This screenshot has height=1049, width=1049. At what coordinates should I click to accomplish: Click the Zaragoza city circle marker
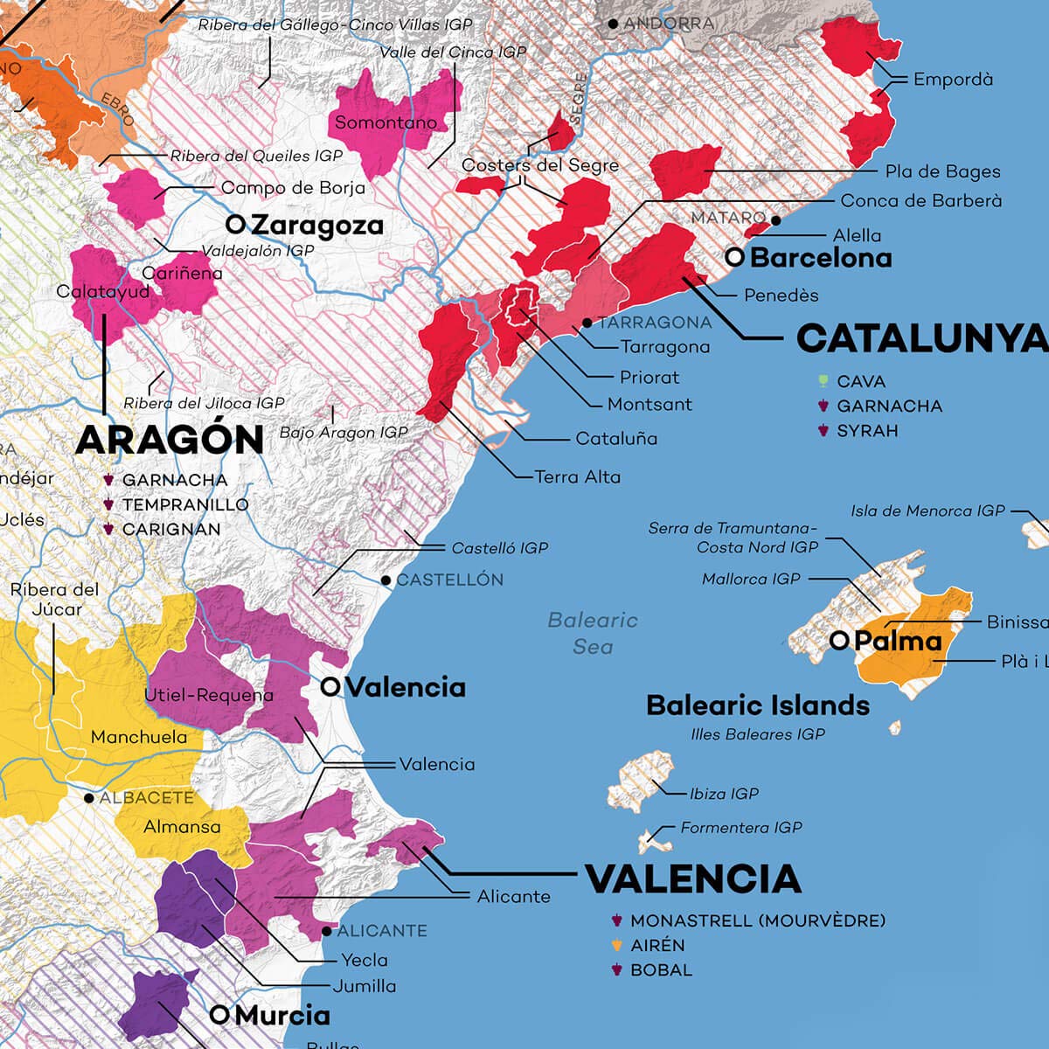pyautogui.click(x=234, y=225)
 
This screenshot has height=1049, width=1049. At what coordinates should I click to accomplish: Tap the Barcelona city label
pyautogui.click(x=820, y=258)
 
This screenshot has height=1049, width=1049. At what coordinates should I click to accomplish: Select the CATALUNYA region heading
pyautogui.click(x=921, y=339)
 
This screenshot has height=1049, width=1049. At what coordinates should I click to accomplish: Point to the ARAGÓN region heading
pyautogui.click(x=170, y=441)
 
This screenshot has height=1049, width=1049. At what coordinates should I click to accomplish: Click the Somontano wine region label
pyautogui.click(x=386, y=122)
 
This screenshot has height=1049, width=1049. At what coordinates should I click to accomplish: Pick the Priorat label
pyautogui.click(x=649, y=378)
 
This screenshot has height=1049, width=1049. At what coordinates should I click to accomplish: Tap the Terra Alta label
pyautogui.click(x=577, y=477)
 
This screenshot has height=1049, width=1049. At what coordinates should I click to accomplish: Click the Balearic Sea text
pyautogui.click(x=593, y=633)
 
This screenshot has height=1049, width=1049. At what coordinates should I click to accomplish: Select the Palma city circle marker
pyautogui.click(x=839, y=641)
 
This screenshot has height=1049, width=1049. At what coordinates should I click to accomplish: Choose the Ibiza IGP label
pyautogui.click(x=724, y=794)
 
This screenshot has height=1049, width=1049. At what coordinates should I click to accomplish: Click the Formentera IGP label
pyautogui.click(x=740, y=827)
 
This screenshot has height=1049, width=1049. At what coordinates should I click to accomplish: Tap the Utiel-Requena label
pyautogui.click(x=208, y=696)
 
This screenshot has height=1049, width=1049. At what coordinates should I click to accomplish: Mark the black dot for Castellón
pyautogui.click(x=386, y=580)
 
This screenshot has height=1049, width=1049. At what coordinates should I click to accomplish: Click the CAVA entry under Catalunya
pyautogui.click(x=860, y=382)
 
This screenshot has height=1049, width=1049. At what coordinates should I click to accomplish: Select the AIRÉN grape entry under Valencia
pyautogui.click(x=656, y=946)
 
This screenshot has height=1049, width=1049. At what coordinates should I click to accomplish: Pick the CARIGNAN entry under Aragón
pyautogui.click(x=170, y=530)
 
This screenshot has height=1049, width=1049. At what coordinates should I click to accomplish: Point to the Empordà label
pyautogui.click(x=953, y=80)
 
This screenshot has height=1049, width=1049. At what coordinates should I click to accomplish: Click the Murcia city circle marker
pyautogui.click(x=219, y=1015)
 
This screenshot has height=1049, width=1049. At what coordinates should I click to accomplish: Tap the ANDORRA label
pyautogui.click(x=669, y=24)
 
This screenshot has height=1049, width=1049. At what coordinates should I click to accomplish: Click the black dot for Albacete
pyautogui.click(x=88, y=798)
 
